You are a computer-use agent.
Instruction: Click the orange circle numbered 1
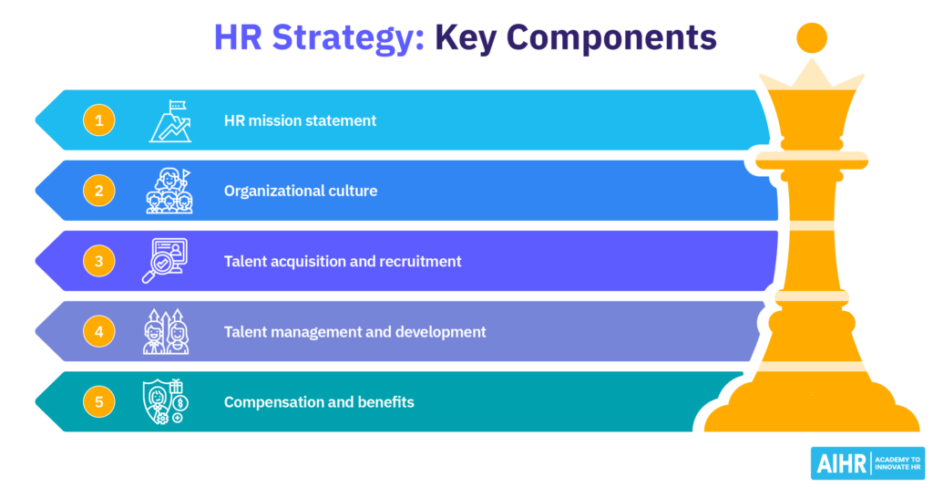point(98,120)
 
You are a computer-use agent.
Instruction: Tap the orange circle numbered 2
point(98,191)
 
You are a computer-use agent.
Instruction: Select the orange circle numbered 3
point(98,261)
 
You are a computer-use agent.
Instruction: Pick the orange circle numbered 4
point(98,331)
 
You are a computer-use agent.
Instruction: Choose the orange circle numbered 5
point(98,401)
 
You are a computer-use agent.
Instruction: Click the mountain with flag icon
point(170,121)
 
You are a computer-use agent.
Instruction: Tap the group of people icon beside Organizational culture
point(169,191)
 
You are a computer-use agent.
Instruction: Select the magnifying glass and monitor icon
point(165,260)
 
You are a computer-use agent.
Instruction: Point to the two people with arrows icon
point(166,331)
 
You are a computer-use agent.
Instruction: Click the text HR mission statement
point(300,120)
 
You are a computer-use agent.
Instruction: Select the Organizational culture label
point(301,191)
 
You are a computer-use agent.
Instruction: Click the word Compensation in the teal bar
point(273,403)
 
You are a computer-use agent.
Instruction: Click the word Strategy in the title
point(348,38)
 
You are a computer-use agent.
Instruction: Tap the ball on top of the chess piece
point(812,37)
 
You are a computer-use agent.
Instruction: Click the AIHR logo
point(867,463)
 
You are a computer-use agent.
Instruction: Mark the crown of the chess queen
point(812,78)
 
